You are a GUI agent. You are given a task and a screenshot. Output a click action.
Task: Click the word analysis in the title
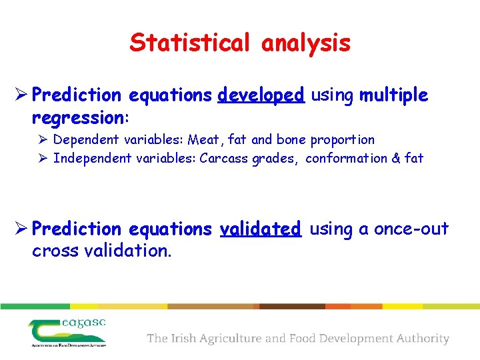click(x=306, y=43)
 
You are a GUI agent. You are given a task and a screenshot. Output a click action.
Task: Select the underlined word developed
click(x=261, y=96)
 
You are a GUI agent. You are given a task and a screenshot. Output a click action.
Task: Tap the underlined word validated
click(x=261, y=229)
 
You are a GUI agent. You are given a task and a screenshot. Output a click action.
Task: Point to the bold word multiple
click(x=393, y=96)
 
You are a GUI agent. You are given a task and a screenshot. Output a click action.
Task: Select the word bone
click(x=291, y=140)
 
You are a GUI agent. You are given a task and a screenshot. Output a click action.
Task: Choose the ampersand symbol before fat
click(x=395, y=159)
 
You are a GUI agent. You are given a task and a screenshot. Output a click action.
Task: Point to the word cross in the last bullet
click(x=53, y=252)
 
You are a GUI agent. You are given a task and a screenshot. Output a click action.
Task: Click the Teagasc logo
click(x=67, y=332)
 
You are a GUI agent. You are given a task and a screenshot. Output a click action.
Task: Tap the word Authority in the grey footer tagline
click(x=420, y=339)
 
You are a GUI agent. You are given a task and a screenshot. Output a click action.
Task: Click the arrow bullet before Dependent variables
click(x=43, y=140)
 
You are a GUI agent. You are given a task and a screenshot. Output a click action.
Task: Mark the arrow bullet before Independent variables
click(x=43, y=159)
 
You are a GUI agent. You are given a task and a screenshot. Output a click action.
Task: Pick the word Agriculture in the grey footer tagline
click(x=230, y=339)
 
